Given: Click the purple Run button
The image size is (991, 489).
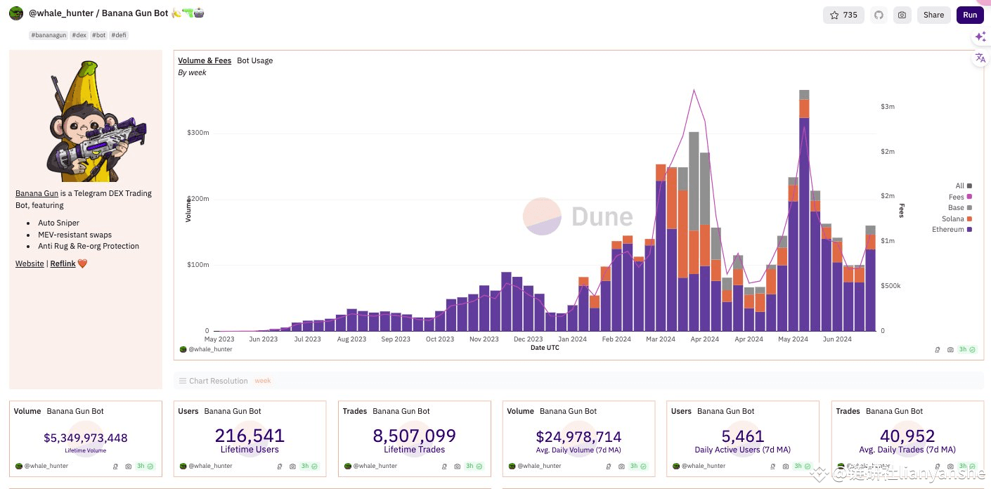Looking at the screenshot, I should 970,15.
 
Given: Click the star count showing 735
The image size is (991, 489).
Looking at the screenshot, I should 843,15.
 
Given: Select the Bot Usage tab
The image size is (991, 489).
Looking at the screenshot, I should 254,60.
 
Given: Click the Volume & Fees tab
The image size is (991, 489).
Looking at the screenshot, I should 205,60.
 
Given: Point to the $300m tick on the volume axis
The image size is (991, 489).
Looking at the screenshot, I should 198,133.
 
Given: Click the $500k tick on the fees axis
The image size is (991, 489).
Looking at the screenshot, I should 890,286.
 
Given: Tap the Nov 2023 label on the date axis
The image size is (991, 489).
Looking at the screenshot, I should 484,339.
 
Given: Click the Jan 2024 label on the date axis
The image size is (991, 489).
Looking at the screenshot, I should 572,339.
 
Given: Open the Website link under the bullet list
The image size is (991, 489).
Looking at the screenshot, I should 30,263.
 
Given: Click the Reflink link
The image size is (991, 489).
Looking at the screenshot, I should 63,263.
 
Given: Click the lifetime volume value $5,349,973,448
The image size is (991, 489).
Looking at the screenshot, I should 86,438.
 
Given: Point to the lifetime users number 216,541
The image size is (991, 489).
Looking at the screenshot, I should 250,436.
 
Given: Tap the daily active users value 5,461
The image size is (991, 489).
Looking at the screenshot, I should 743,436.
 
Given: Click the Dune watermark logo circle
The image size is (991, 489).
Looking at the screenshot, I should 542,216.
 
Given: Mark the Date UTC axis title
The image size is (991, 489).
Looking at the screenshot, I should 545,348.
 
